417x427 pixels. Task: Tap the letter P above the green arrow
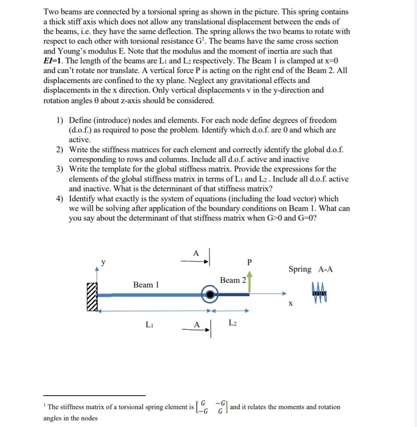[249, 263]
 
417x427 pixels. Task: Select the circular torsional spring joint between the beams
[209, 295]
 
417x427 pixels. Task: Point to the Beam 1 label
[146, 285]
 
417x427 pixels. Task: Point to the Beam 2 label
[233, 280]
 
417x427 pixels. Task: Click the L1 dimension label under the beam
[149, 324]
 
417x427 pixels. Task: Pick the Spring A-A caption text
[310, 269]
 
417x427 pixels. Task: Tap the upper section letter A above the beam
[195, 253]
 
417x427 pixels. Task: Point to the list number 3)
[59, 169]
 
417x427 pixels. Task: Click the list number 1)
[59, 120]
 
